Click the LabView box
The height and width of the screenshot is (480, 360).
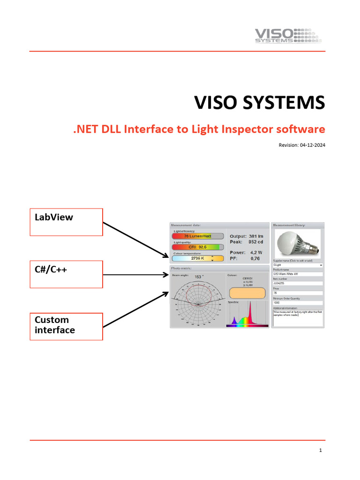point(66,222)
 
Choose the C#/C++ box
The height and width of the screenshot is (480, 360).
point(66,274)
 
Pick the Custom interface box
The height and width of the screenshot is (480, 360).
point(66,326)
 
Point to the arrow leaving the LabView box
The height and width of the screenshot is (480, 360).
point(135,239)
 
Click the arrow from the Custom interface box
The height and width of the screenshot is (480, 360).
point(135,309)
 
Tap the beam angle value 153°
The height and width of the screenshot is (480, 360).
point(198,277)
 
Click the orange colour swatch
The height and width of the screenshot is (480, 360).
point(247,293)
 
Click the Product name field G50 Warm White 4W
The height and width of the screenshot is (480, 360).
point(298,274)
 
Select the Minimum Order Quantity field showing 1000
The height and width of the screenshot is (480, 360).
point(298,303)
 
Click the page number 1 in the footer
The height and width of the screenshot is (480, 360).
point(320,451)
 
